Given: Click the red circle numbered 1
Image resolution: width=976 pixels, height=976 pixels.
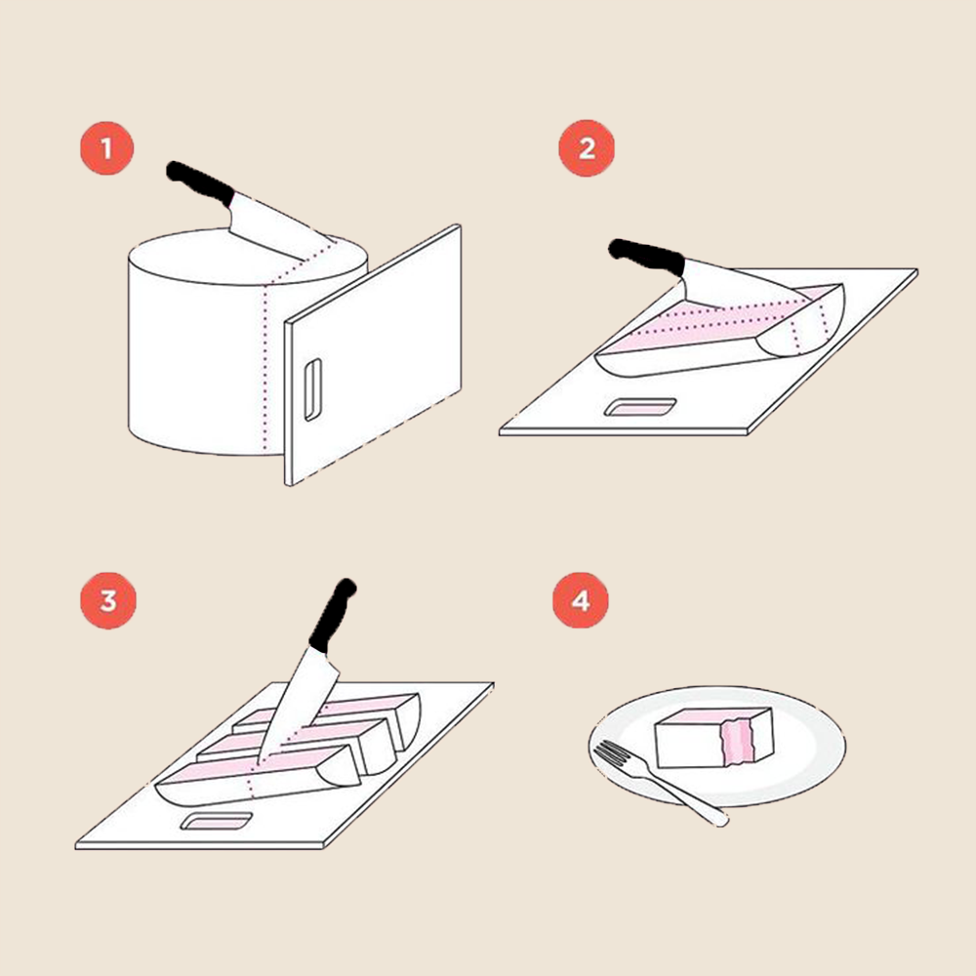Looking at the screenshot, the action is click(x=106, y=148).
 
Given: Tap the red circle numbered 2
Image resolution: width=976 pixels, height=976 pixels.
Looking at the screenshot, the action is click(x=587, y=148).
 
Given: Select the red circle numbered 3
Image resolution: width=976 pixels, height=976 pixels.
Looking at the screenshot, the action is click(x=107, y=601).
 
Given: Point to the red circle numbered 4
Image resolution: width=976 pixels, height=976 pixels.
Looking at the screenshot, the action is click(x=581, y=600).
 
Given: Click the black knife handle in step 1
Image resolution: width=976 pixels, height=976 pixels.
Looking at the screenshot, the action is click(x=199, y=183).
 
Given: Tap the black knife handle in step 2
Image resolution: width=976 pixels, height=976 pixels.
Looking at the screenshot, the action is click(x=647, y=256).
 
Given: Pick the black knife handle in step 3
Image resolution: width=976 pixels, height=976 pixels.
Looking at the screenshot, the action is click(x=331, y=616).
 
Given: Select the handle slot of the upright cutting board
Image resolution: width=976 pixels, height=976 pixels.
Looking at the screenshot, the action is click(x=312, y=389).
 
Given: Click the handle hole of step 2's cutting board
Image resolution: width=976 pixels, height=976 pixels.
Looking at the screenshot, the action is click(x=641, y=407).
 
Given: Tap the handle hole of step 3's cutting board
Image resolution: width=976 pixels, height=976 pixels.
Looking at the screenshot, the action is click(x=217, y=822).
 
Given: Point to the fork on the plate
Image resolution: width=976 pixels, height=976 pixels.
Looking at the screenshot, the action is click(x=660, y=782).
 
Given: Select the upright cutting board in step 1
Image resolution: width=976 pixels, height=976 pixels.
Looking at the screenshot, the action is click(x=373, y=355).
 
